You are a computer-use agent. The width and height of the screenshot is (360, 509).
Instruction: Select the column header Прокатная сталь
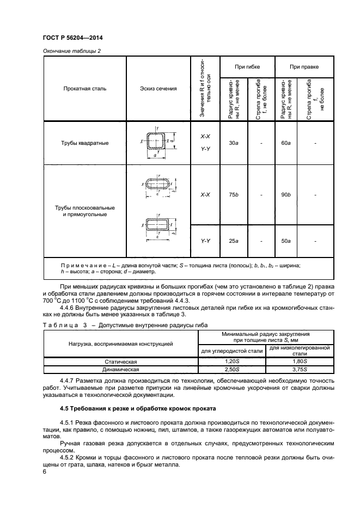(x=85, y=88)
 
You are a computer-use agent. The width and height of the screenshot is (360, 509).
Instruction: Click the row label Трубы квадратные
(x=85, y=143)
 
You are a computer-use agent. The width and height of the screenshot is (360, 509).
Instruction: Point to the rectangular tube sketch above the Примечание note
(x=158, y=224)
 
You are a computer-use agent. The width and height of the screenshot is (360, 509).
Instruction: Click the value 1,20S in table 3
(x=232, y=361)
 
